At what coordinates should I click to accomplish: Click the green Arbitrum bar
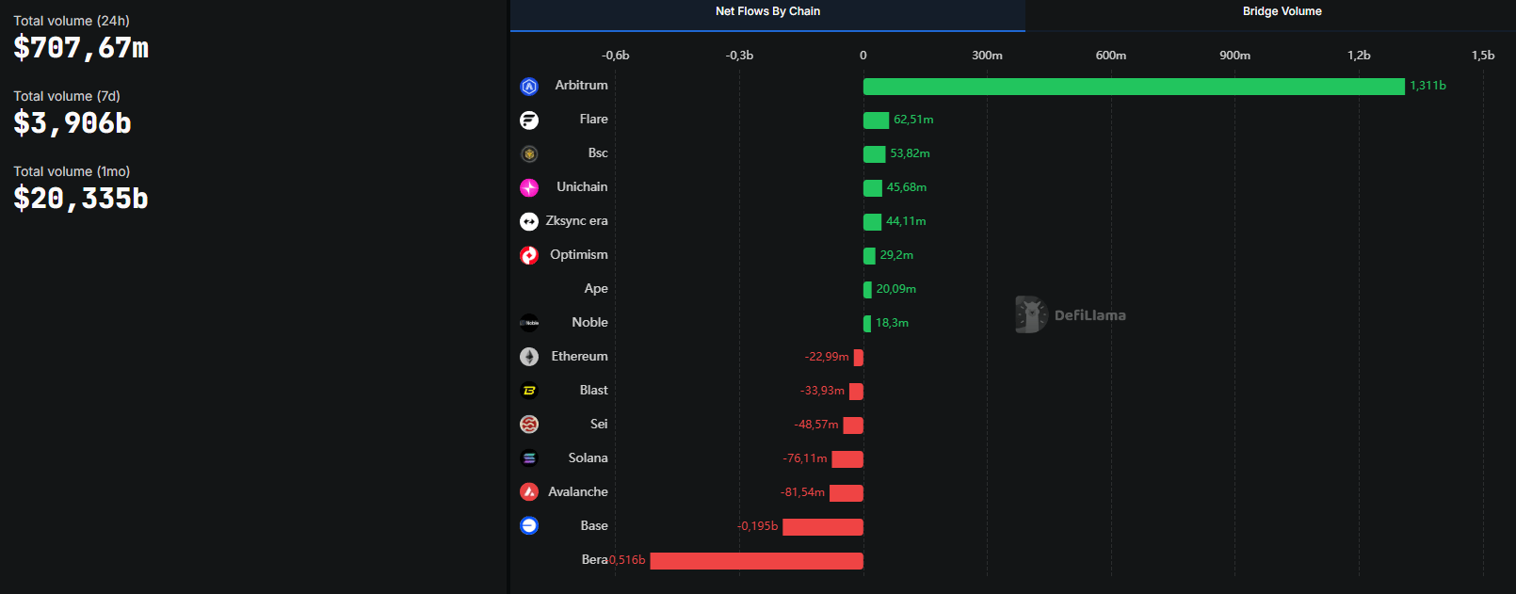1134,87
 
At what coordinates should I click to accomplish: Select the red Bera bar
756,561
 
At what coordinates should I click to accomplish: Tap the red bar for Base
822,527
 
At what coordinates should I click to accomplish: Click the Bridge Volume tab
1282,11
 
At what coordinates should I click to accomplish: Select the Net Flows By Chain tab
767,11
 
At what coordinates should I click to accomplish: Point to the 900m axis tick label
1234,56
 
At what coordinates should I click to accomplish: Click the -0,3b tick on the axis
739,56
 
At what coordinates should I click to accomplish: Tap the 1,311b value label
1427,86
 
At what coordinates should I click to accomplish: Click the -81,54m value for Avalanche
802,492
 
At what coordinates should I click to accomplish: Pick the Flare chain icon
529,120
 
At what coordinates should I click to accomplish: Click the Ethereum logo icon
529,357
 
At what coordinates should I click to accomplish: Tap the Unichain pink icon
529,187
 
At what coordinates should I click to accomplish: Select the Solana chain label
588,458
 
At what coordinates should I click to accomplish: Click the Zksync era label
576,221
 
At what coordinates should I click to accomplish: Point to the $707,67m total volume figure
81,48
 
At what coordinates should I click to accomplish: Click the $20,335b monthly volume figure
81,199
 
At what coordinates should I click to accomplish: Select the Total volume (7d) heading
67,96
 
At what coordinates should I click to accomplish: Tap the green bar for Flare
876,120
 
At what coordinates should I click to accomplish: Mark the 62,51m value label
913,120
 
